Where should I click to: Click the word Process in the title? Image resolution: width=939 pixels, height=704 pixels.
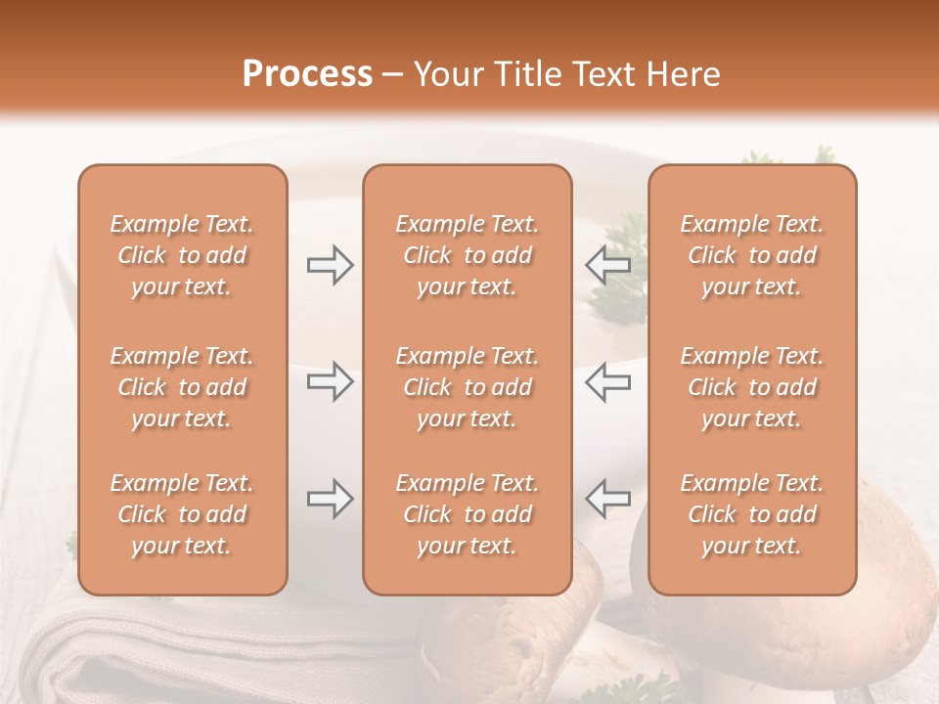307,74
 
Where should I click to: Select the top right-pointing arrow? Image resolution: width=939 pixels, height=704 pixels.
330,265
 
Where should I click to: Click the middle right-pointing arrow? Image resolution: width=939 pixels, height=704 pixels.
330,381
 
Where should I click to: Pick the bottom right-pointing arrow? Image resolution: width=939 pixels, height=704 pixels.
330,499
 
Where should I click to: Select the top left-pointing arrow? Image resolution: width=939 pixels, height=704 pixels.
607,265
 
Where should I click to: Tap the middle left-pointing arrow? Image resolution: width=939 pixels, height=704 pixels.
607,381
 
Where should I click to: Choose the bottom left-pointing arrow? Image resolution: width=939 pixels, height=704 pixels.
607,499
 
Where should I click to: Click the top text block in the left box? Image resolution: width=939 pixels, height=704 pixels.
182,255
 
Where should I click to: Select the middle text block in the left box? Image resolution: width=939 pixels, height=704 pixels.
182,387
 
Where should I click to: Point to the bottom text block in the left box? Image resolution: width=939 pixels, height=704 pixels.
182,514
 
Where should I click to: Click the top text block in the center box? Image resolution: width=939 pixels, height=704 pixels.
467,255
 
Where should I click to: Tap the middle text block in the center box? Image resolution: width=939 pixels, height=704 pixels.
467,387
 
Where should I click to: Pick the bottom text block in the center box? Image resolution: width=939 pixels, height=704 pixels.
467,514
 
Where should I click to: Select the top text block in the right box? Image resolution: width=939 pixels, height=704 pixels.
751,255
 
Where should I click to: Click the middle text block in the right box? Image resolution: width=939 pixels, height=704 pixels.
751,387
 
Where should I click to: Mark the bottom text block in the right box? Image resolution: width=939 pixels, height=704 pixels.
751,514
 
